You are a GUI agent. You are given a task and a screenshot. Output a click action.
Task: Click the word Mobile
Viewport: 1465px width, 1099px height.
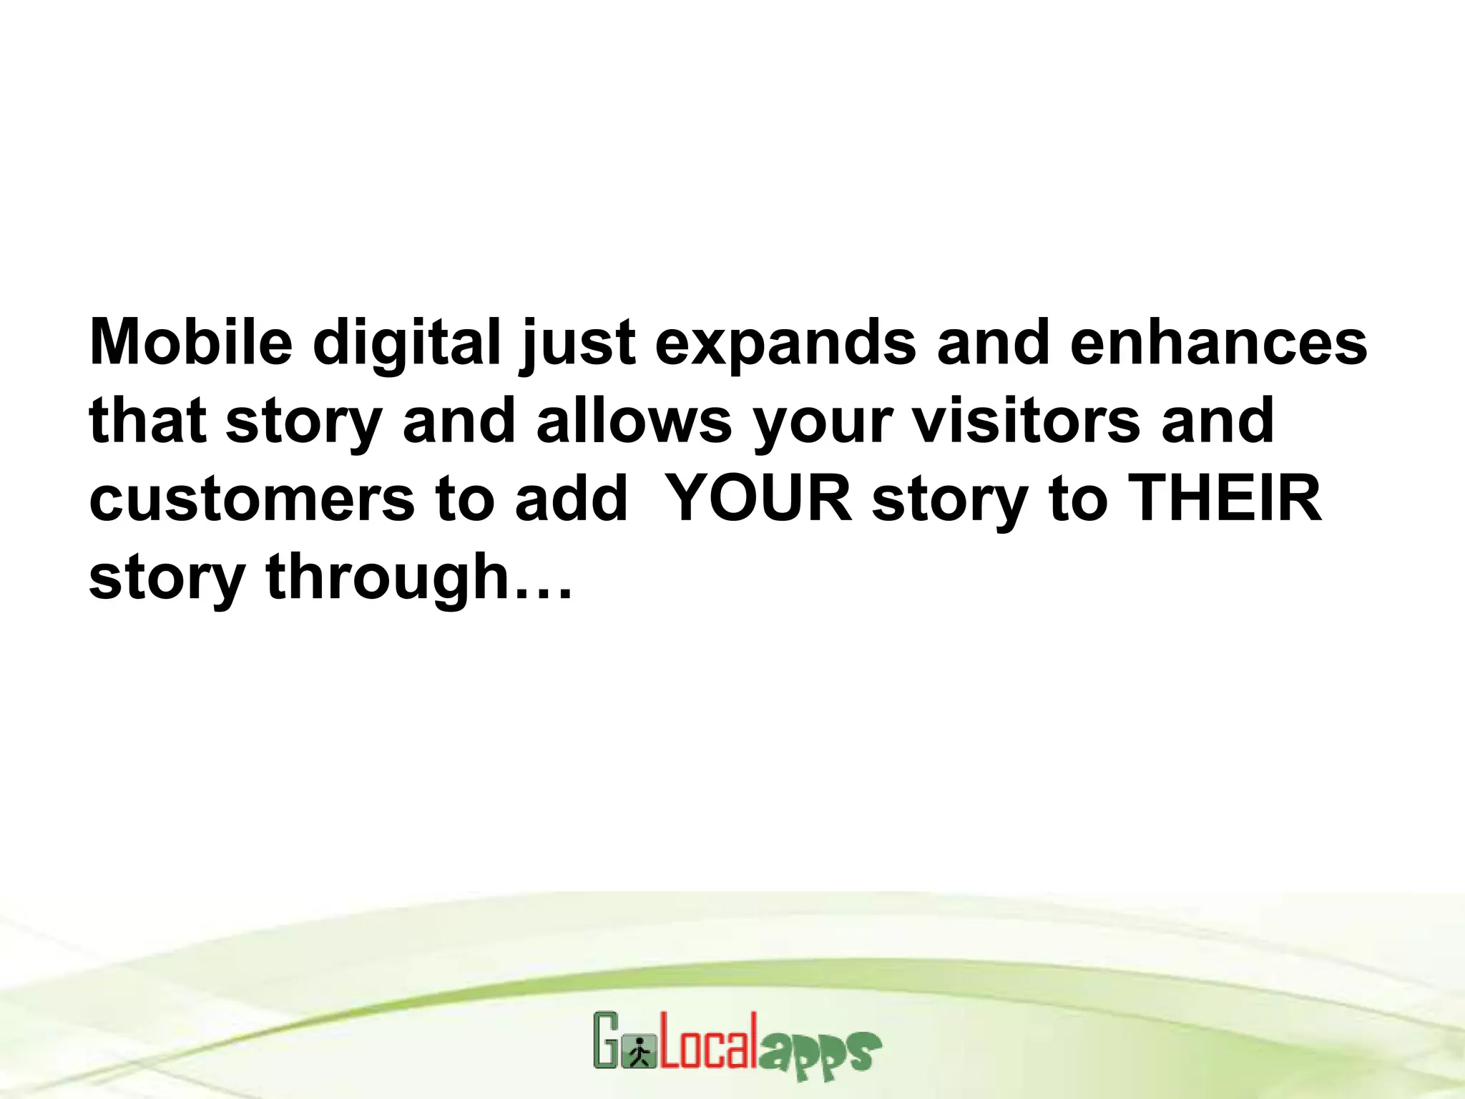pos(191,342)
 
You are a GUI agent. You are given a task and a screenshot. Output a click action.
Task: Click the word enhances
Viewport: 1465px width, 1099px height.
pos(1218,342)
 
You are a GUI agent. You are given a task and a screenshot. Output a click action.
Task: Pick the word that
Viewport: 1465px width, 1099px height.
pos(147,421)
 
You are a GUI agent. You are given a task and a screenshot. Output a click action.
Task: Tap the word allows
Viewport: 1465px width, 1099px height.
pos(634,421)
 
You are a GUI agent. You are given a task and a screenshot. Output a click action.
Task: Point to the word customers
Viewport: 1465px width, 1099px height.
pos(252,499)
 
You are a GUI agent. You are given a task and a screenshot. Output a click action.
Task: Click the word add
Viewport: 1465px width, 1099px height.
pos(571,499)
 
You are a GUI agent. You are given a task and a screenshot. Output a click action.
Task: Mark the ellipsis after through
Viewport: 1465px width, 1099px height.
pos(544,594)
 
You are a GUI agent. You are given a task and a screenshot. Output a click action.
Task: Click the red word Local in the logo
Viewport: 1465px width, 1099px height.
pos(708,1043)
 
